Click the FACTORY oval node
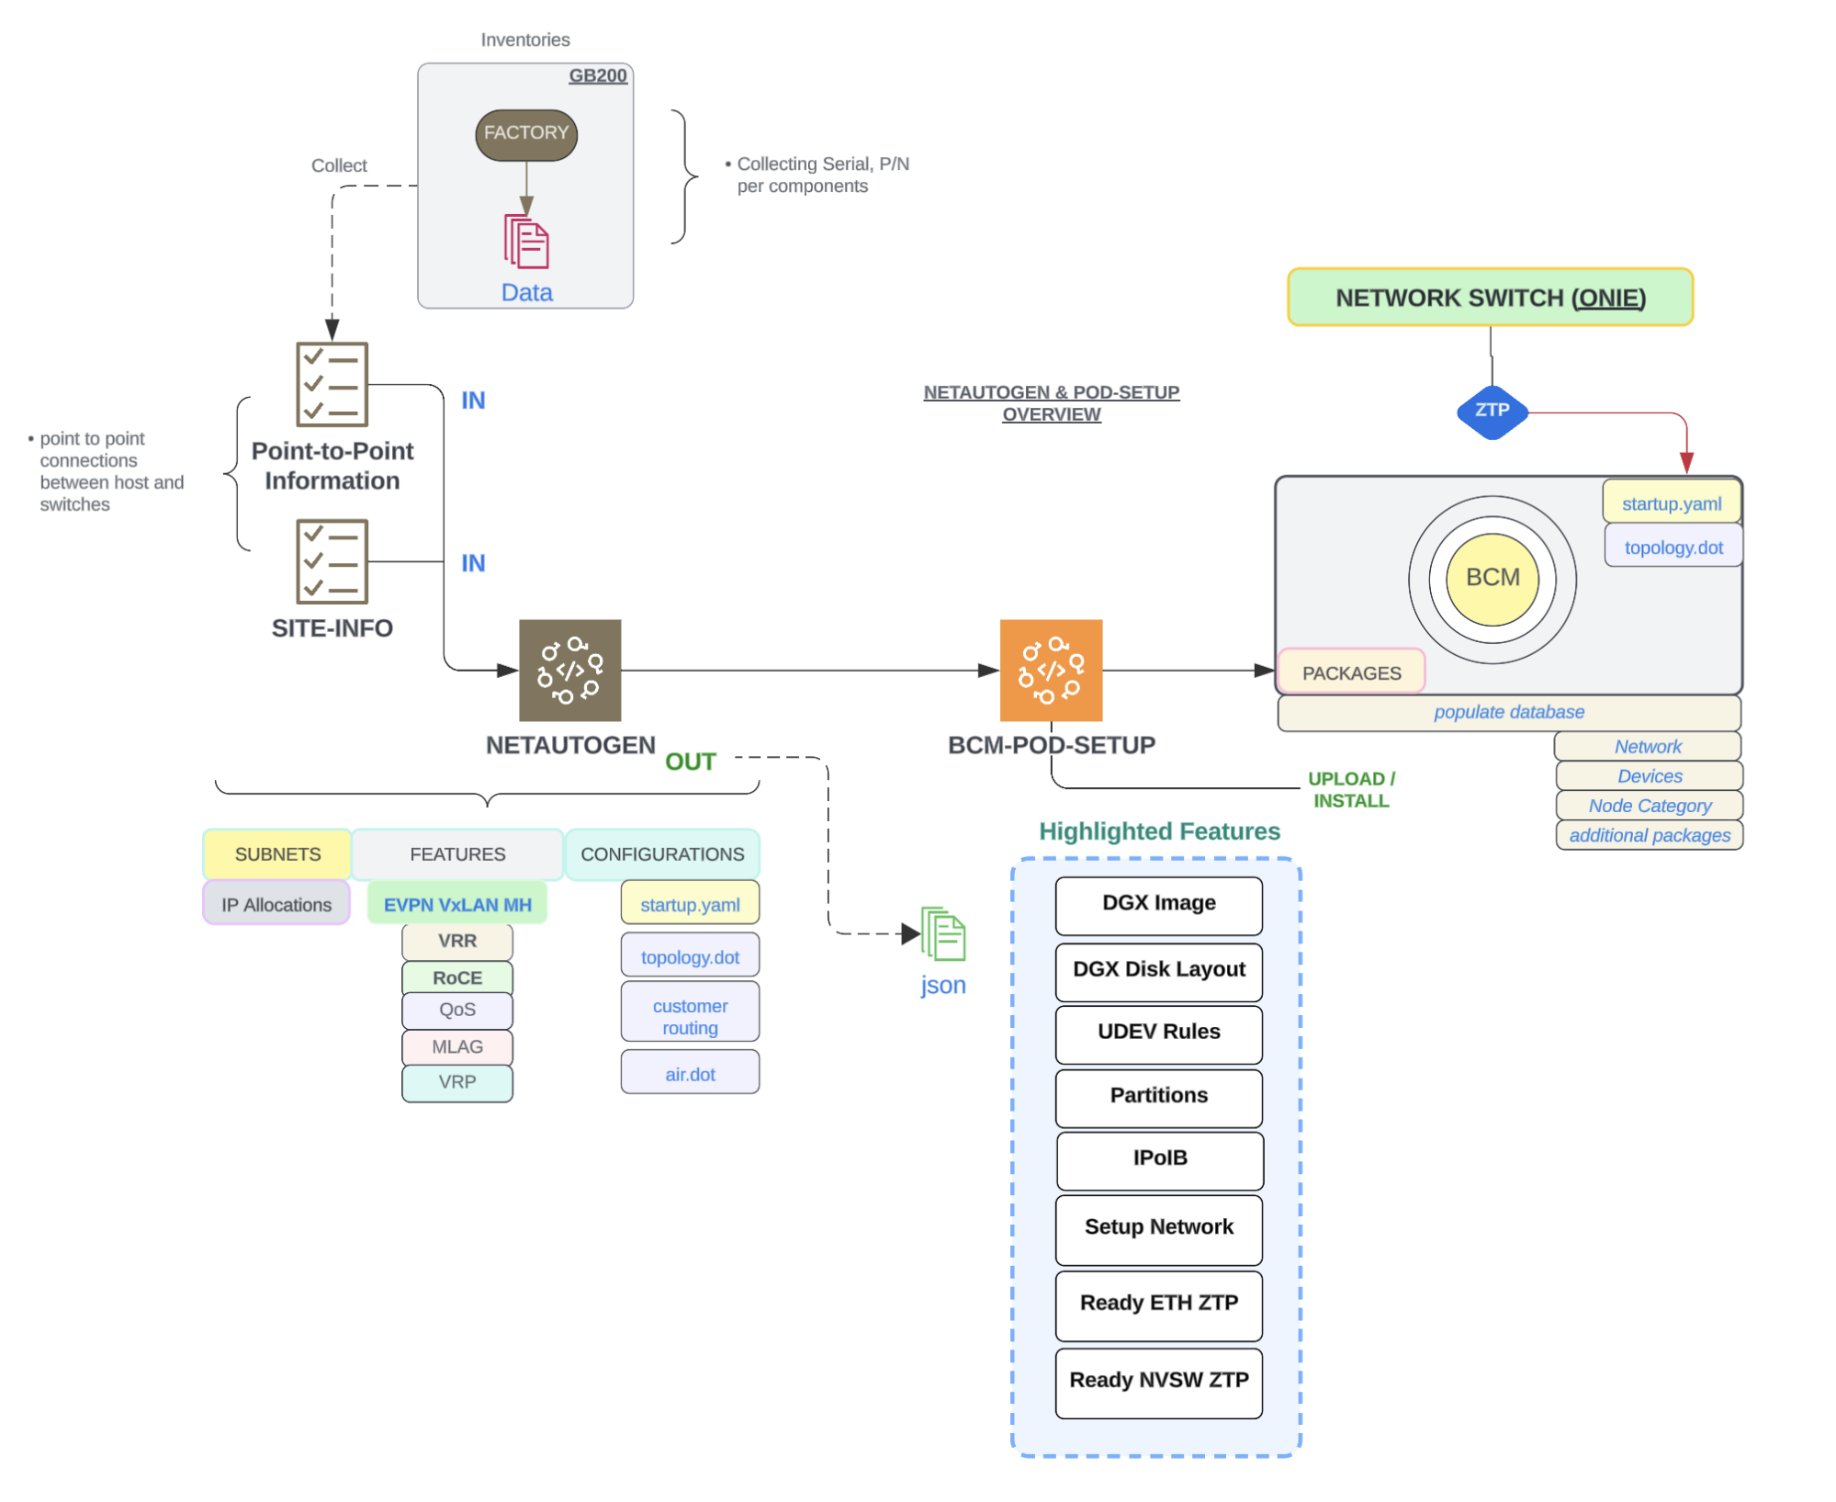point(525,134)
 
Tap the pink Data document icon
point(525,242)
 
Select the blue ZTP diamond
point(1492,411)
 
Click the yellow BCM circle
point(1492,578)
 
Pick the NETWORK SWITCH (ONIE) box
point(1489,298)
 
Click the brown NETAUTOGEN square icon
point(569,670)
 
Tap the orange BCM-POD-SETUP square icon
point(1050,670)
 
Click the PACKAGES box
point(1350,672)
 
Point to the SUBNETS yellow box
point(277,854)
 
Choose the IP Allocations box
point(276,904)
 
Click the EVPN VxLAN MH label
point(457,904)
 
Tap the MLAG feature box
point(457,1046)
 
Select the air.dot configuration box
point(690,1073)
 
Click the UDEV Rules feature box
point(1158,1033)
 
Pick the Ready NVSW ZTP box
point(1158,1381)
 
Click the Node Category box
point(1649,806)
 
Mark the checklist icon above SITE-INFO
point(332,561)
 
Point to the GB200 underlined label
point(597,75)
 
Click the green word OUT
point(690,762)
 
